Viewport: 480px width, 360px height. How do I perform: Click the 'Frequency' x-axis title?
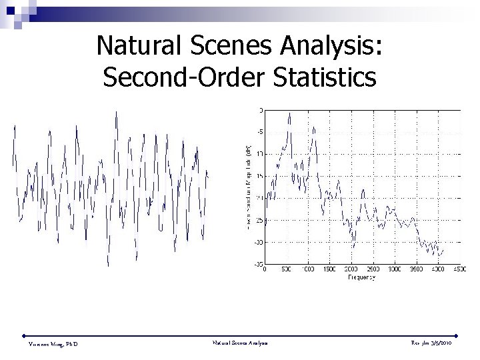point(361,277)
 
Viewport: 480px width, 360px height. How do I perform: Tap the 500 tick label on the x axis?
point(286,270)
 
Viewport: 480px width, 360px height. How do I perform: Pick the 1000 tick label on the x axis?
point(307,270)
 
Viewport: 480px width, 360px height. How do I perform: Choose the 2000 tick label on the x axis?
point(351,270)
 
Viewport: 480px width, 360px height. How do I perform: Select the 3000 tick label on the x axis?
point(394,270)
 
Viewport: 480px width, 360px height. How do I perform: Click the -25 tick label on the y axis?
point(259,220)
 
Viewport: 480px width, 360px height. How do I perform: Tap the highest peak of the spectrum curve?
point(289,113)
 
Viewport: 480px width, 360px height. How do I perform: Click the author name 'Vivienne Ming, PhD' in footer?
point(54,344)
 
